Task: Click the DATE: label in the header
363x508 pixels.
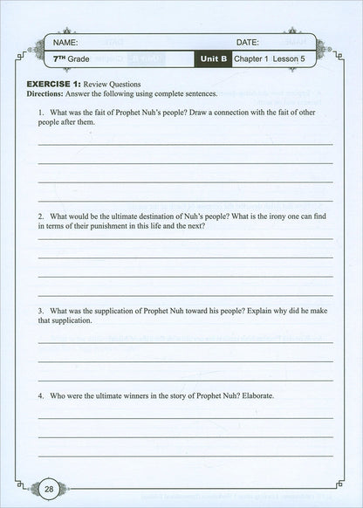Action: [x=248, y=42]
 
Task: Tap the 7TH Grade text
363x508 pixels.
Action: [x=70, y=59]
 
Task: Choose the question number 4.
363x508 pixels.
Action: [x=41, y=395]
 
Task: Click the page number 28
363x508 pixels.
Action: [x=49, y=489]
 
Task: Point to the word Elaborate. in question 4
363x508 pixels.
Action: [x=254, y=395]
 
